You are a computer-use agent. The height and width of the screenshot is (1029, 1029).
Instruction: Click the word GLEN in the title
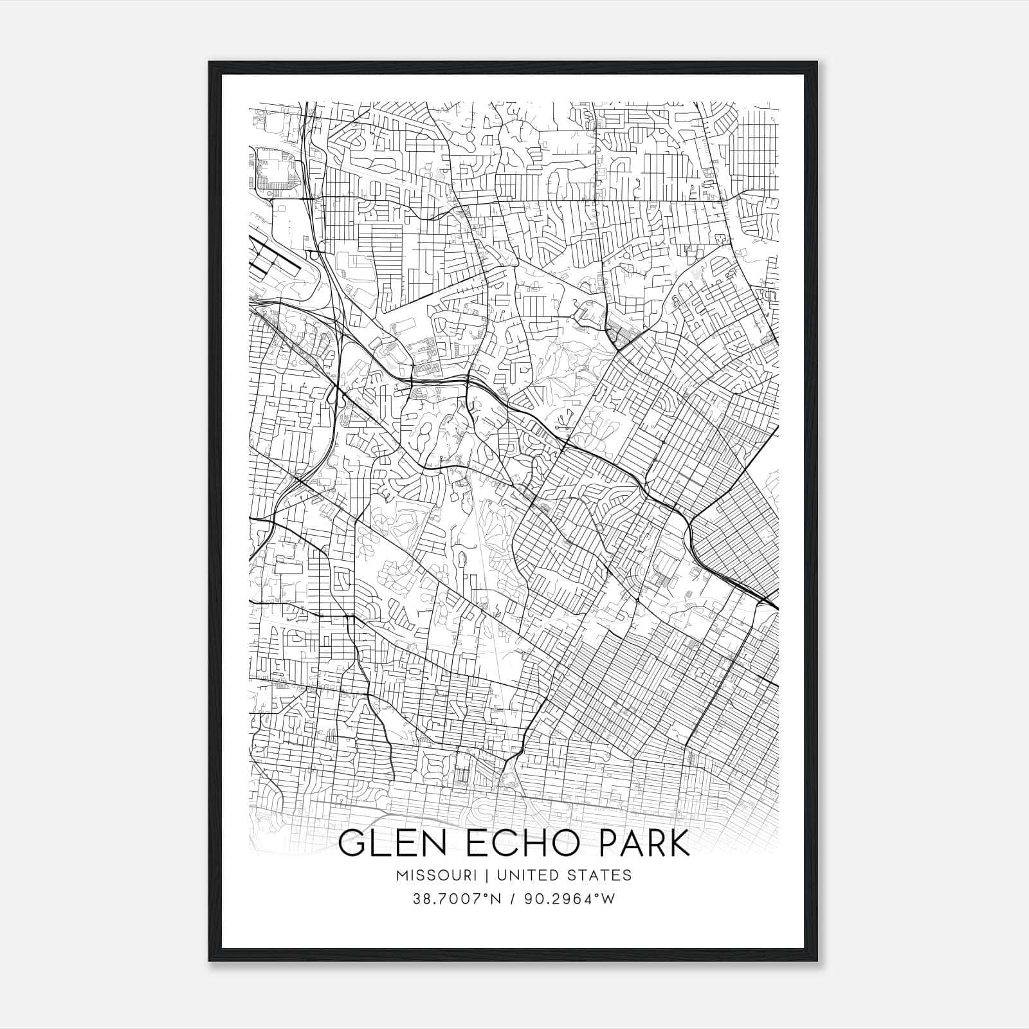click(x=387, y=843)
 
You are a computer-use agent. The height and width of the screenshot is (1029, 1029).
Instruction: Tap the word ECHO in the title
click(x=518, y=843)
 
